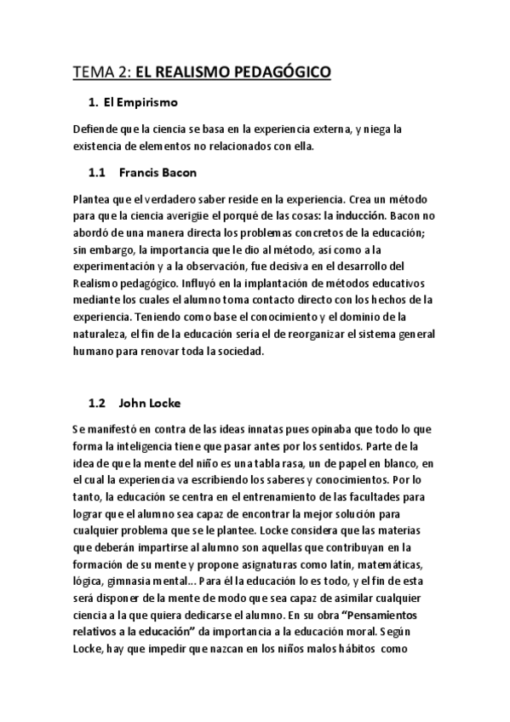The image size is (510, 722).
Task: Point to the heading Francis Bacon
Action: [x=158, y=172]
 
